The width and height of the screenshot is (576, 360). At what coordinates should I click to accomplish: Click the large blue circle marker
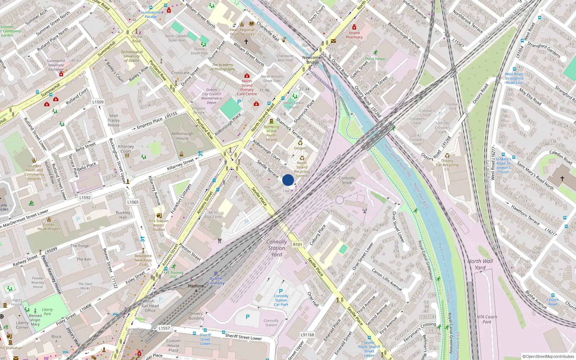click(x=288, y=180)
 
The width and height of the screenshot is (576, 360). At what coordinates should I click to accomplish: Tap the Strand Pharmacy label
click(x=354, y=35)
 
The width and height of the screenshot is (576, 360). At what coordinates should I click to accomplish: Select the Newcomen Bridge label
click(x=312, y=60)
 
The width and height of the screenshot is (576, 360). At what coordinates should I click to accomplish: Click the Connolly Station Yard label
click(x=276, y=248)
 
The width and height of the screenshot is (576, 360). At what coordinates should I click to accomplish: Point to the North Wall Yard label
click(x=480, y=264)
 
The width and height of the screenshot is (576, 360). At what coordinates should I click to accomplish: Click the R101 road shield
click(x=298, y=244)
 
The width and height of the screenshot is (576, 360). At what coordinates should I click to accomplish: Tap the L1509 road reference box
click(x=98, y=102)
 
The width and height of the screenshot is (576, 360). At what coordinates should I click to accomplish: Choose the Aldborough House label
click(x=183, y=136)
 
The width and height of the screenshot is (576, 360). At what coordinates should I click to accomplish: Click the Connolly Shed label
click(x=347, y=180)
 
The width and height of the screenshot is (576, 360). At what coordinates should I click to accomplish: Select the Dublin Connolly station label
click(x=216, y=281)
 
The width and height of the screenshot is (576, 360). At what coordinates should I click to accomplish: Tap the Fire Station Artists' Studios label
click(x=159, y=225)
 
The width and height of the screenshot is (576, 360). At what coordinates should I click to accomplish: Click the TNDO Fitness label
click(x=375, y=59)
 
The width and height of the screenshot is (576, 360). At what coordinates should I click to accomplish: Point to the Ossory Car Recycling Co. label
click(x=447, y=165)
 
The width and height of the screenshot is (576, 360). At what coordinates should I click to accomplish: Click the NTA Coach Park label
click(x=487, y=319)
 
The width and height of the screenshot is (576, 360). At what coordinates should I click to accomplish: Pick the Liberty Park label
click(x=47, y=311)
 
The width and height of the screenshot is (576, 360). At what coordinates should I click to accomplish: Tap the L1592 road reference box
click(x=85, y=198)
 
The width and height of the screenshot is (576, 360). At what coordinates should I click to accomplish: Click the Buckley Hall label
click(x=123, y=215)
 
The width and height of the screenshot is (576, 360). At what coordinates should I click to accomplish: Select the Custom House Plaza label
click(x=173, y=345)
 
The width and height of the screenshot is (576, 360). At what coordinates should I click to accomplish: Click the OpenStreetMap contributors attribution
click(x=548, y=356)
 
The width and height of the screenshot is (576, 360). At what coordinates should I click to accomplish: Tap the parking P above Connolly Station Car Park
click(x=281, y=291)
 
